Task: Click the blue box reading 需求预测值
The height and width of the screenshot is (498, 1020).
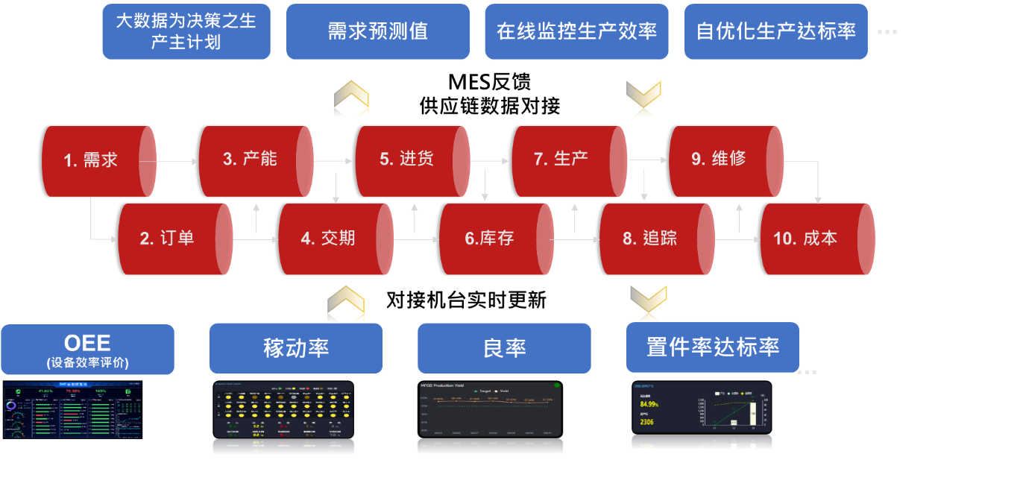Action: [377, 31]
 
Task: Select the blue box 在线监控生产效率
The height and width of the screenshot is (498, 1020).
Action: [576, 31]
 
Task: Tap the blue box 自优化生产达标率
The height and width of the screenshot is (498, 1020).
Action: [775, 31]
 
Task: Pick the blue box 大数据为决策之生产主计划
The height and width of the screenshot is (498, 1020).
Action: [186, 31]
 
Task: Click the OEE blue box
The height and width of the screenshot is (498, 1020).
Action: [87, 349]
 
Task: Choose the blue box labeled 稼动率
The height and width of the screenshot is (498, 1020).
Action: [296, 348]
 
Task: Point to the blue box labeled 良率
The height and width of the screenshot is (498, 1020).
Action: [504, 348]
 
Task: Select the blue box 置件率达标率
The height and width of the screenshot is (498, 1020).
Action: [712, 347]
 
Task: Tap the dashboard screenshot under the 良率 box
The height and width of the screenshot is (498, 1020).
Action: [490, 409]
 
